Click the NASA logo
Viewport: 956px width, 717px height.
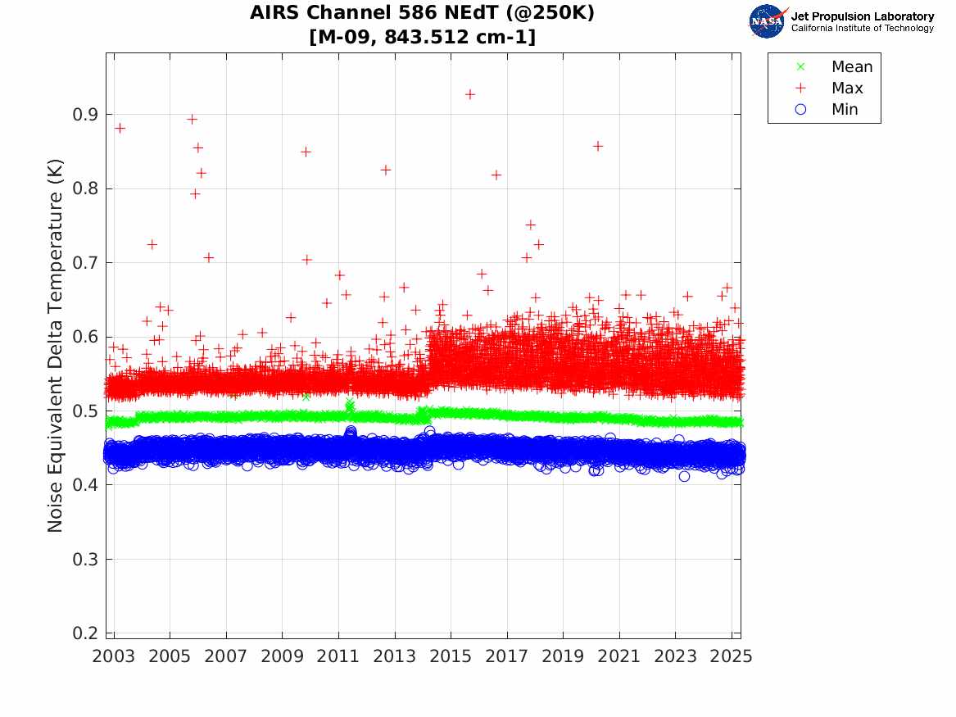(x=768, y=21)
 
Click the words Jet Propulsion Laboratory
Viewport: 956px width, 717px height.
(x=862, y=16)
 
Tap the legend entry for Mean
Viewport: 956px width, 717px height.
(x=851, y=67)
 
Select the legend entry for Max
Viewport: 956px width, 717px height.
(x=846, y=88)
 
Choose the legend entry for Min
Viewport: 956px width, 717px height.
(x=845, y=110)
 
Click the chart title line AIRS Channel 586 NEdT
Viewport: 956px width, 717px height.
(x=422, y=13)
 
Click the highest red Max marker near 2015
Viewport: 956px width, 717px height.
(x=470, y=94)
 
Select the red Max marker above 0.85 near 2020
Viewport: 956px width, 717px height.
(x=598, y=146)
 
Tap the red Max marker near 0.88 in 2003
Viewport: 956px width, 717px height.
(x=120, y=128)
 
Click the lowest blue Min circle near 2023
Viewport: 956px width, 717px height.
(x=684, y=476)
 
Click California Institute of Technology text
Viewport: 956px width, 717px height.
(x=862, y=29)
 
